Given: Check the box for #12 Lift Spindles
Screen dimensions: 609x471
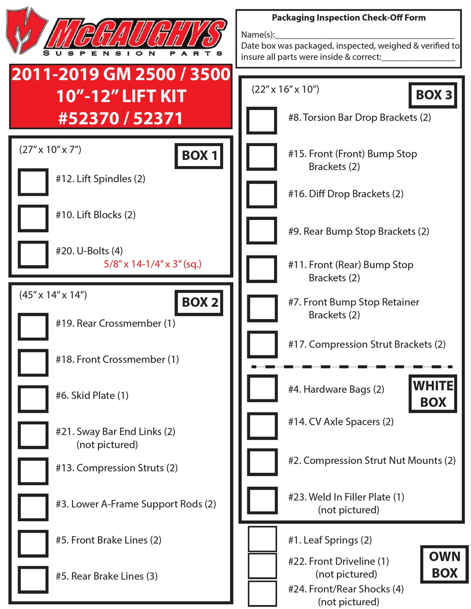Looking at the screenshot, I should pos(33,181).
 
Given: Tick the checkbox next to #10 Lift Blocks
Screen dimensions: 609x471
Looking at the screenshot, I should pos(33,218).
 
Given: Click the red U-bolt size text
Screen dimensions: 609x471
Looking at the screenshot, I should pos(152,265).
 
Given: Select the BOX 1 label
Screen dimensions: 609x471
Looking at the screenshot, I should pos(199,156).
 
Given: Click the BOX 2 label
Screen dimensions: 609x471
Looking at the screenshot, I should pos(199,302).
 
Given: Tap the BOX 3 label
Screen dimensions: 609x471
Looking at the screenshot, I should pos(433,95).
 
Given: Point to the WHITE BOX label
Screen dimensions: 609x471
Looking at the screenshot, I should pos(433,394).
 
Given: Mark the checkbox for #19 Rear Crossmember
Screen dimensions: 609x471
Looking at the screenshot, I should pos(33,326).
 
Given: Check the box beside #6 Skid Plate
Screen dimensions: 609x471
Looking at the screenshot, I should pos(33,398).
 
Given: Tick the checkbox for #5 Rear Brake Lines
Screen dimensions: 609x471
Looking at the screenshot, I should pos(33,579).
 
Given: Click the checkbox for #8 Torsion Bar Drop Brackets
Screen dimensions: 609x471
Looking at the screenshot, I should pos(262,120).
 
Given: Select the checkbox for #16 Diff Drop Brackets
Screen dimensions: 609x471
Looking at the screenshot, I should pos(262,194).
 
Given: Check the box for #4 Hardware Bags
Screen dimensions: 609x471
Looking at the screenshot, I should pos(262,388).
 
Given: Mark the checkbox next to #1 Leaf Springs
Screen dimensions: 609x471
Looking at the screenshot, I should pos(262,539).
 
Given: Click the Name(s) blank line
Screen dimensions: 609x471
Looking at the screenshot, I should pos(364,36).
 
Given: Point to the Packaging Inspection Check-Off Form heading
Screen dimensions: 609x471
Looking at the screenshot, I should pos(349,18).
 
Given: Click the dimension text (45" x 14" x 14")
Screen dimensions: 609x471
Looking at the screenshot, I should pos(53,295).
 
